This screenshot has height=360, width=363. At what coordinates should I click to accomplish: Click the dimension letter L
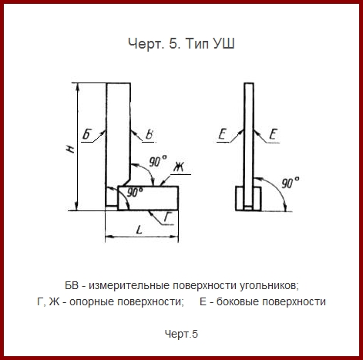(139, 230)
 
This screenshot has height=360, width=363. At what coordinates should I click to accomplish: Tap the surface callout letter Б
(87, 134)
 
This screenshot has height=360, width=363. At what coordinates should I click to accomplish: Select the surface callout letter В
(150, 135)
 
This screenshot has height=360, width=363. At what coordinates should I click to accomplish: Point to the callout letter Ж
(179, 167)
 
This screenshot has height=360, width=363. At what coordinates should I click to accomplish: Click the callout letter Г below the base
(168, 217)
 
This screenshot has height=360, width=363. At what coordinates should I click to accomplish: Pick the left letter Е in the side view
(222, 134)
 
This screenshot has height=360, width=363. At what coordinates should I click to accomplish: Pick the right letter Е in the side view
(274, 134)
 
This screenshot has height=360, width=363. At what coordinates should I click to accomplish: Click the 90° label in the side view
(291, 183)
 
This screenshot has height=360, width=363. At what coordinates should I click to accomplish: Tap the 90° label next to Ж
(158, 161)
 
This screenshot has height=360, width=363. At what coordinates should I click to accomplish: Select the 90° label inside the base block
(135, 192)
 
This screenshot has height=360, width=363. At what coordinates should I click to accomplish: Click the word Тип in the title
(196, 44)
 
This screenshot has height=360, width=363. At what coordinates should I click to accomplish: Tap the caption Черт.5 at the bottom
(181, 334)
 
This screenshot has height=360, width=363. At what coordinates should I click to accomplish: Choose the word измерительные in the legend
(129, 286)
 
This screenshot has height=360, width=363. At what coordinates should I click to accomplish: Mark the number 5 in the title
(173, 44)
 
